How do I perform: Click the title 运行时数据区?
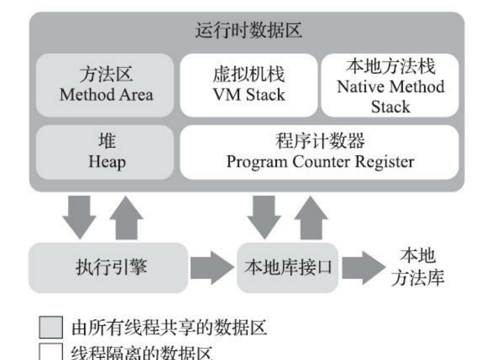tap(246, 33)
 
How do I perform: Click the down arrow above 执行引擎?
tap(80, 216)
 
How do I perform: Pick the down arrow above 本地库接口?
tap(264, 216)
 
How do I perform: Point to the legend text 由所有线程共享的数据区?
tap(169, 327)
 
